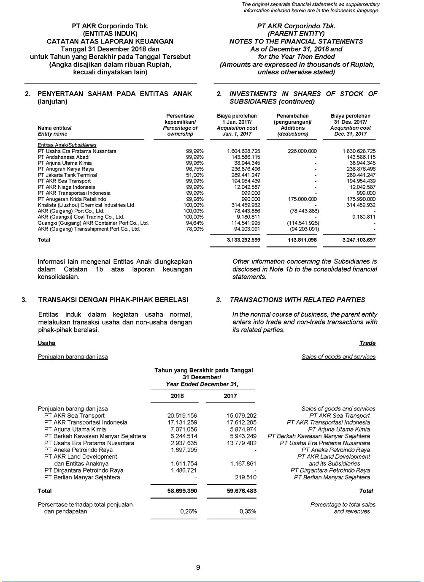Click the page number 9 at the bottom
[198, 567]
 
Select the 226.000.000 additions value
[302, 151]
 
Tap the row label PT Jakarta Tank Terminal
[68, 175]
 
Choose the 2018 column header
[177, 396]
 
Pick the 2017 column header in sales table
[230, 396]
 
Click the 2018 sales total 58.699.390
[182, 491]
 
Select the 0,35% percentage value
[248, 511]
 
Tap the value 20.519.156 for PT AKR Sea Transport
[182, 416]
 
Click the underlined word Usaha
[46, 343]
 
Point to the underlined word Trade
[367, 343]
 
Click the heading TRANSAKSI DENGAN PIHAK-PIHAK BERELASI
[113, 300]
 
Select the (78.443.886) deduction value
[304, 211]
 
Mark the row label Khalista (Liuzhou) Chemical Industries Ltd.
[86, 205]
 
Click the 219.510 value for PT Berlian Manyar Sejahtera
[246, 477]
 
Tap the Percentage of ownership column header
[180, 131]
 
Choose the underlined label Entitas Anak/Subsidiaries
[67, 145]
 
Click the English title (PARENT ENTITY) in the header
[296, 33]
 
